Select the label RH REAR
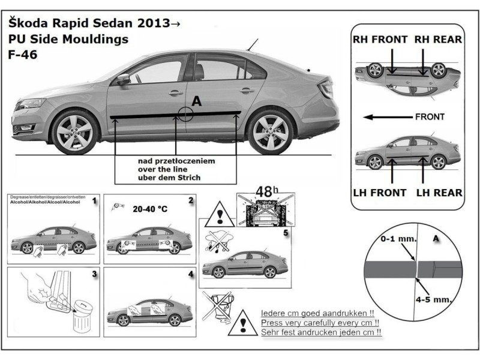(x=439, y=40)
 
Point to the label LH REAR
(x=439, y=193)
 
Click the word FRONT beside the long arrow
(x=430, y=117)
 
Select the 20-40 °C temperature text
(x=149, y=211)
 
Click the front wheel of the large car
(x=75, y=131)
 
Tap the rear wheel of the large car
(x=269, y=131)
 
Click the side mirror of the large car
(x=123, y=79)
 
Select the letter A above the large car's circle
(x=196, y=103)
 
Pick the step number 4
(x=190, y=274)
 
